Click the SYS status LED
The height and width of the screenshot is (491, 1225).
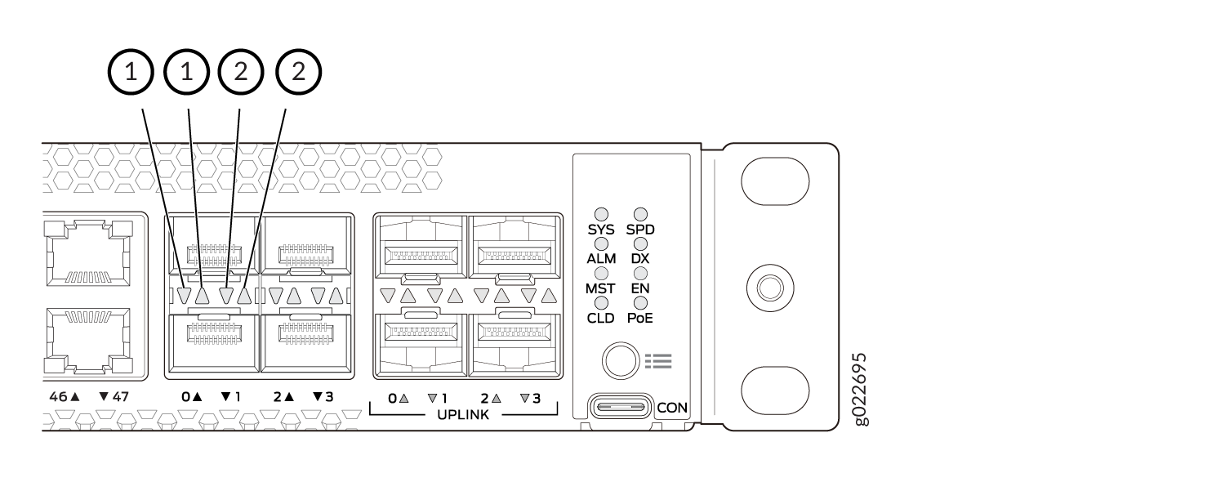(x=601, y=214)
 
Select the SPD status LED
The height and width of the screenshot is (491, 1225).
(x=640, y=214)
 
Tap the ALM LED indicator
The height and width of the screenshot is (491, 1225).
(x=601, y=243)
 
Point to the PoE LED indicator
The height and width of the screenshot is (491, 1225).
(x=640, y=303)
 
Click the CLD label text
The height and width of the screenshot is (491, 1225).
(x=601, y=318)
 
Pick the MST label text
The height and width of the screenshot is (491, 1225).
(x=600, y=288)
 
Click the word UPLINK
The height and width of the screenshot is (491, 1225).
(x=463, y=415)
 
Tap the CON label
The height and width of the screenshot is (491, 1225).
(x=672, y=408)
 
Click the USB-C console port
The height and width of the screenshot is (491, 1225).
(x=621, y=407)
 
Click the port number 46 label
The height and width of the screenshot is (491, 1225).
(x=59, y=396)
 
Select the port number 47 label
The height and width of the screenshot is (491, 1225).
(x=120, y=396)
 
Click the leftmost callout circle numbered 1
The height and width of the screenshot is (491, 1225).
(x=131, y=72)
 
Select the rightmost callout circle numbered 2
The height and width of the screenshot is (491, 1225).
(x=299, y=72)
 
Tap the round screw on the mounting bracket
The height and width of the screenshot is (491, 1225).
(x=771, y=288)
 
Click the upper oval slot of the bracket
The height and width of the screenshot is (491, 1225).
(x=775, y=181)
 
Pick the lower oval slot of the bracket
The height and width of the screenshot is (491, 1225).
(x=775, y=391)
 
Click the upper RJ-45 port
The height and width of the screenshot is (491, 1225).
(x=88, y=253)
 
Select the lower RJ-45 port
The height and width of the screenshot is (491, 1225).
(x=88, y=341)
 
